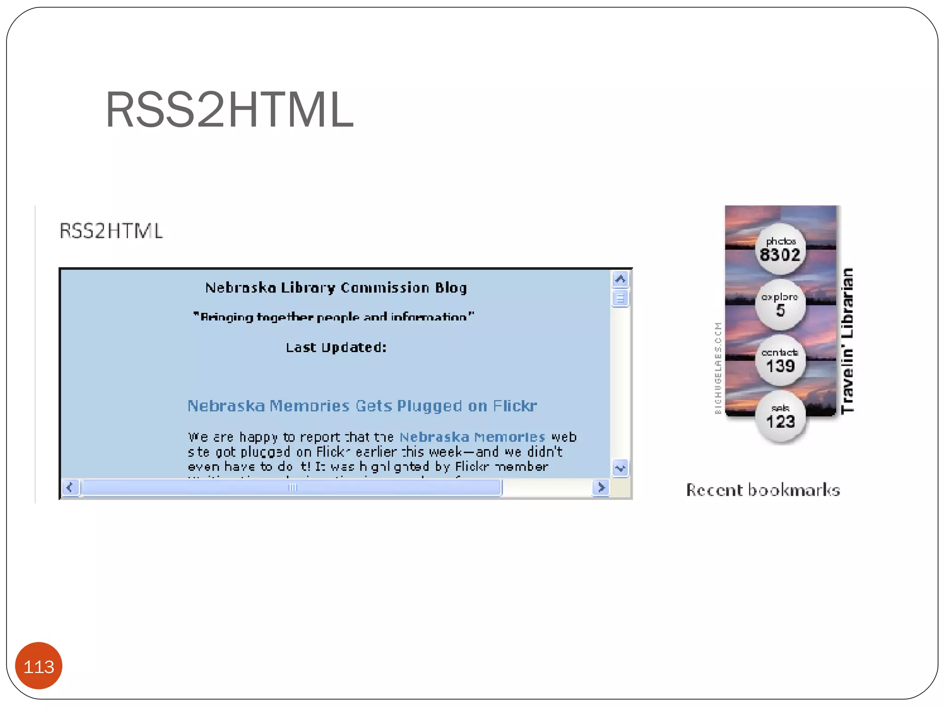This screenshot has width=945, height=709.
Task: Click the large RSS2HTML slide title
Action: (x=229, y=110)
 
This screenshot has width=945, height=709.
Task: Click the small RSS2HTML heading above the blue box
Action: (x=111, y=231)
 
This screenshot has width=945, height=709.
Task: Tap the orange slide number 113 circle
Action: (x=39, y=666)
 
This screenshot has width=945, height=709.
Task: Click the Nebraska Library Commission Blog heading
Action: (x=336, y=288)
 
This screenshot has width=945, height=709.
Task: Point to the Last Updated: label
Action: (x=336, y=347)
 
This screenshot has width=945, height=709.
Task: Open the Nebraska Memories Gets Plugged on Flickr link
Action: (x=362, y=406)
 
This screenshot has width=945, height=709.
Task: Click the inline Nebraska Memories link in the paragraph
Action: (x=472, y=437)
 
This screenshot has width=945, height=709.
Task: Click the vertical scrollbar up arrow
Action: (x=620, y=279)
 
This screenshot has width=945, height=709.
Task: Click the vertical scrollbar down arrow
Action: (x=620, y=468)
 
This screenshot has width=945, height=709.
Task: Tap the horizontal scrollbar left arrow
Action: (x=70, y=487)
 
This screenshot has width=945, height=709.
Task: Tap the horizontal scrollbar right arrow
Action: (x=601, y=487)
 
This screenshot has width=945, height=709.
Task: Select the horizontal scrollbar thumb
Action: (x=292, y=487)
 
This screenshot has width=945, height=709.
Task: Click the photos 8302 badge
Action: (x=780, y=249)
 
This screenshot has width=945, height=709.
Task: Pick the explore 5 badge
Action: (x=780, y=305)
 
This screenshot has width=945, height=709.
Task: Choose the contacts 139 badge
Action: (x=780, y=361)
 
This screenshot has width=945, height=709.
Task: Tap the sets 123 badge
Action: (x=780, y=416)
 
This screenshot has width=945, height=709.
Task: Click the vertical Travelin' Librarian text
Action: (x=847, y=341)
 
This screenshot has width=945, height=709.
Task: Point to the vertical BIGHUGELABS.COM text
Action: (x=718, y=368)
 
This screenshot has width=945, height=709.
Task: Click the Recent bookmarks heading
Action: (x=763, y=490)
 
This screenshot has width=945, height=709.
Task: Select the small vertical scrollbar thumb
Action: (x=620, y=299)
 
